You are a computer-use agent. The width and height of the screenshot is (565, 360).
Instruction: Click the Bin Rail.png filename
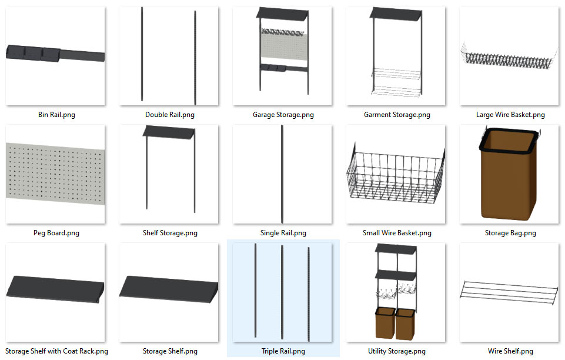click(x=56, y=115)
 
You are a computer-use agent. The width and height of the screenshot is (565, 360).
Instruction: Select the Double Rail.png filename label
click(x=170, y=115)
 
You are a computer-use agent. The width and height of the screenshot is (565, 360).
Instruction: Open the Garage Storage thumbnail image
click(x=283, y=56)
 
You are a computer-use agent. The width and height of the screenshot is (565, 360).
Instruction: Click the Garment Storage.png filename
click(x=397, y=115)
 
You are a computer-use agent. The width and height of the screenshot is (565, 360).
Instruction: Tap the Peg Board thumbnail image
click(x=56, y=174)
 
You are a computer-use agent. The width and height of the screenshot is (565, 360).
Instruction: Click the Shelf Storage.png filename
click(x=170, y=233)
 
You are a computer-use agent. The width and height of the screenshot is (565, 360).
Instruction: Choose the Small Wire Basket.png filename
click(x=397, y=233)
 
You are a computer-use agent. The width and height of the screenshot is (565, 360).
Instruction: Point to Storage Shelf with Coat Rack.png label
click(x=56, y=351)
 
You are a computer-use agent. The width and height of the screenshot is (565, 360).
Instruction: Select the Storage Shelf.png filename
click(x=170, y=351)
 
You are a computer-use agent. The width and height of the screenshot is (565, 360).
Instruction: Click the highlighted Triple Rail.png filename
click(x=283, y=351)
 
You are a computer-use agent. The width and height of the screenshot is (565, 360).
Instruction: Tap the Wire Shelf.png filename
click(x=510, y=351)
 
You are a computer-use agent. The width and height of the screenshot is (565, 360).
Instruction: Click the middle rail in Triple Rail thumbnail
click(x=282, y=292)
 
